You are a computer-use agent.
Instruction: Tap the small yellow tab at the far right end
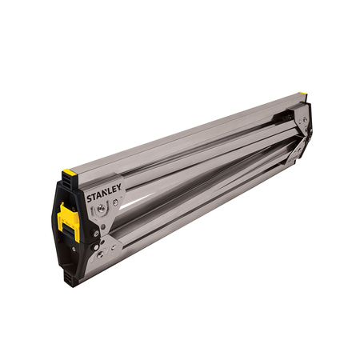click(x=303, y=95)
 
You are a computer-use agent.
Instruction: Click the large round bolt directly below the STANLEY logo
click(x=100, y=208)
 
